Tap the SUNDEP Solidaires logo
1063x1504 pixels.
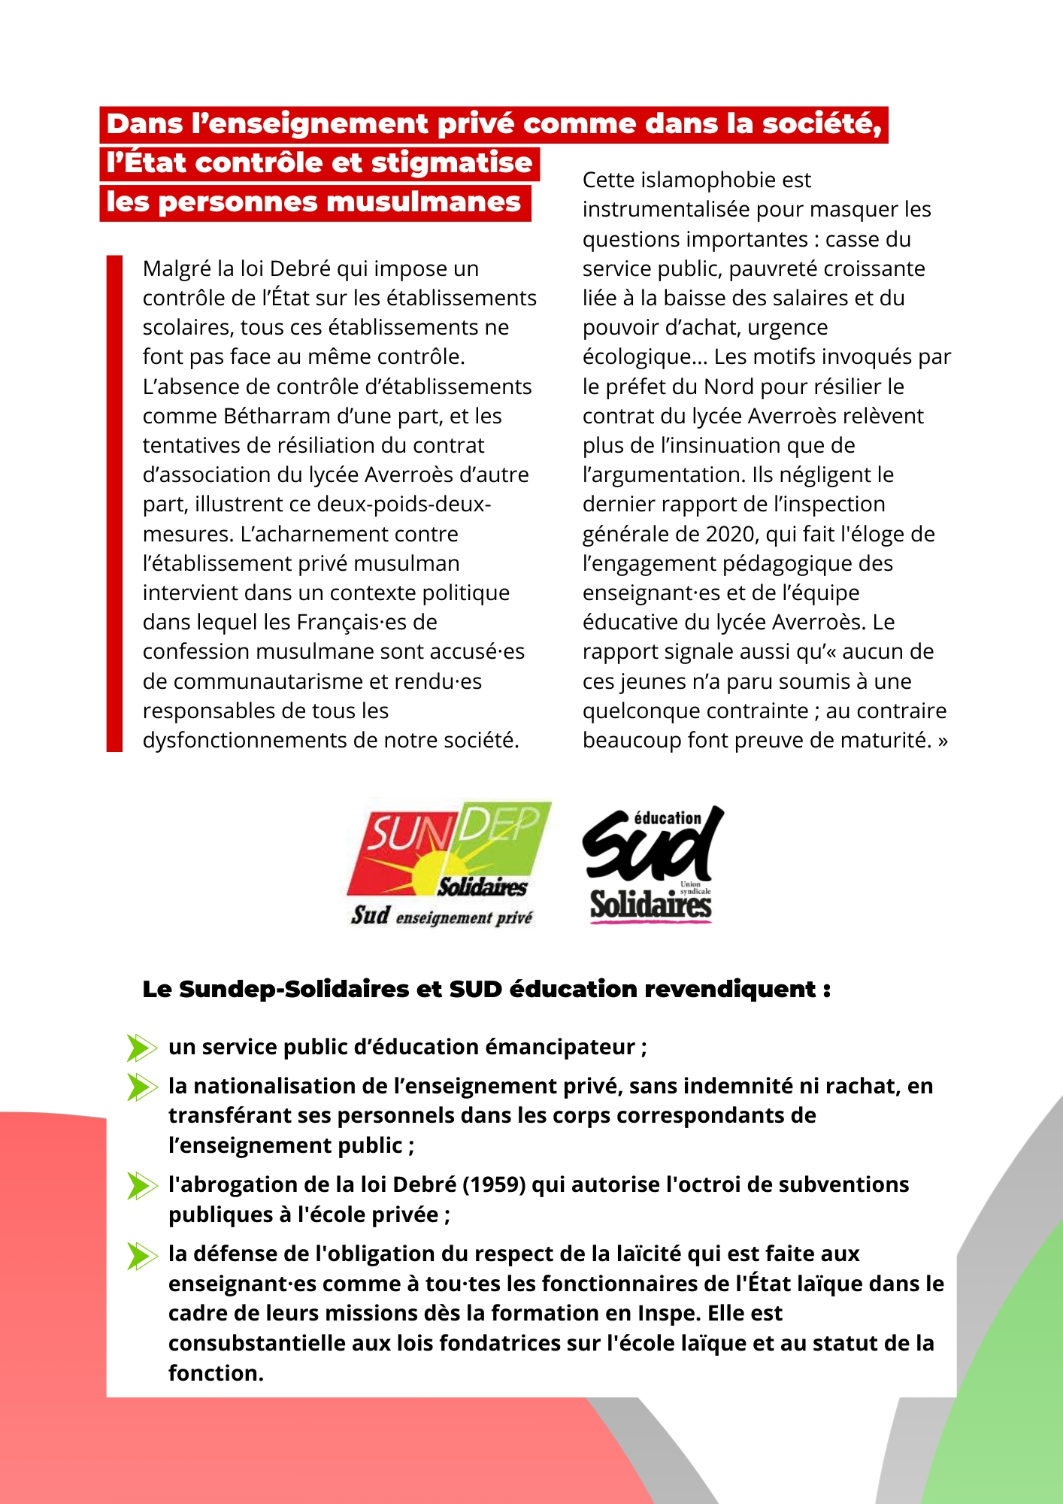point(449,863)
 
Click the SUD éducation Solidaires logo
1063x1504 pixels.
point(651,865)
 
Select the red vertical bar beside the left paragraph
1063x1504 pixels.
point(114,503)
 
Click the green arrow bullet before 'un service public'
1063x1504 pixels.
point(141,1048)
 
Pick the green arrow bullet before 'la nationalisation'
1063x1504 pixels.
point(141,1087)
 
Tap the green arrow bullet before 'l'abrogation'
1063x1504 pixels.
point(141,1185)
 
